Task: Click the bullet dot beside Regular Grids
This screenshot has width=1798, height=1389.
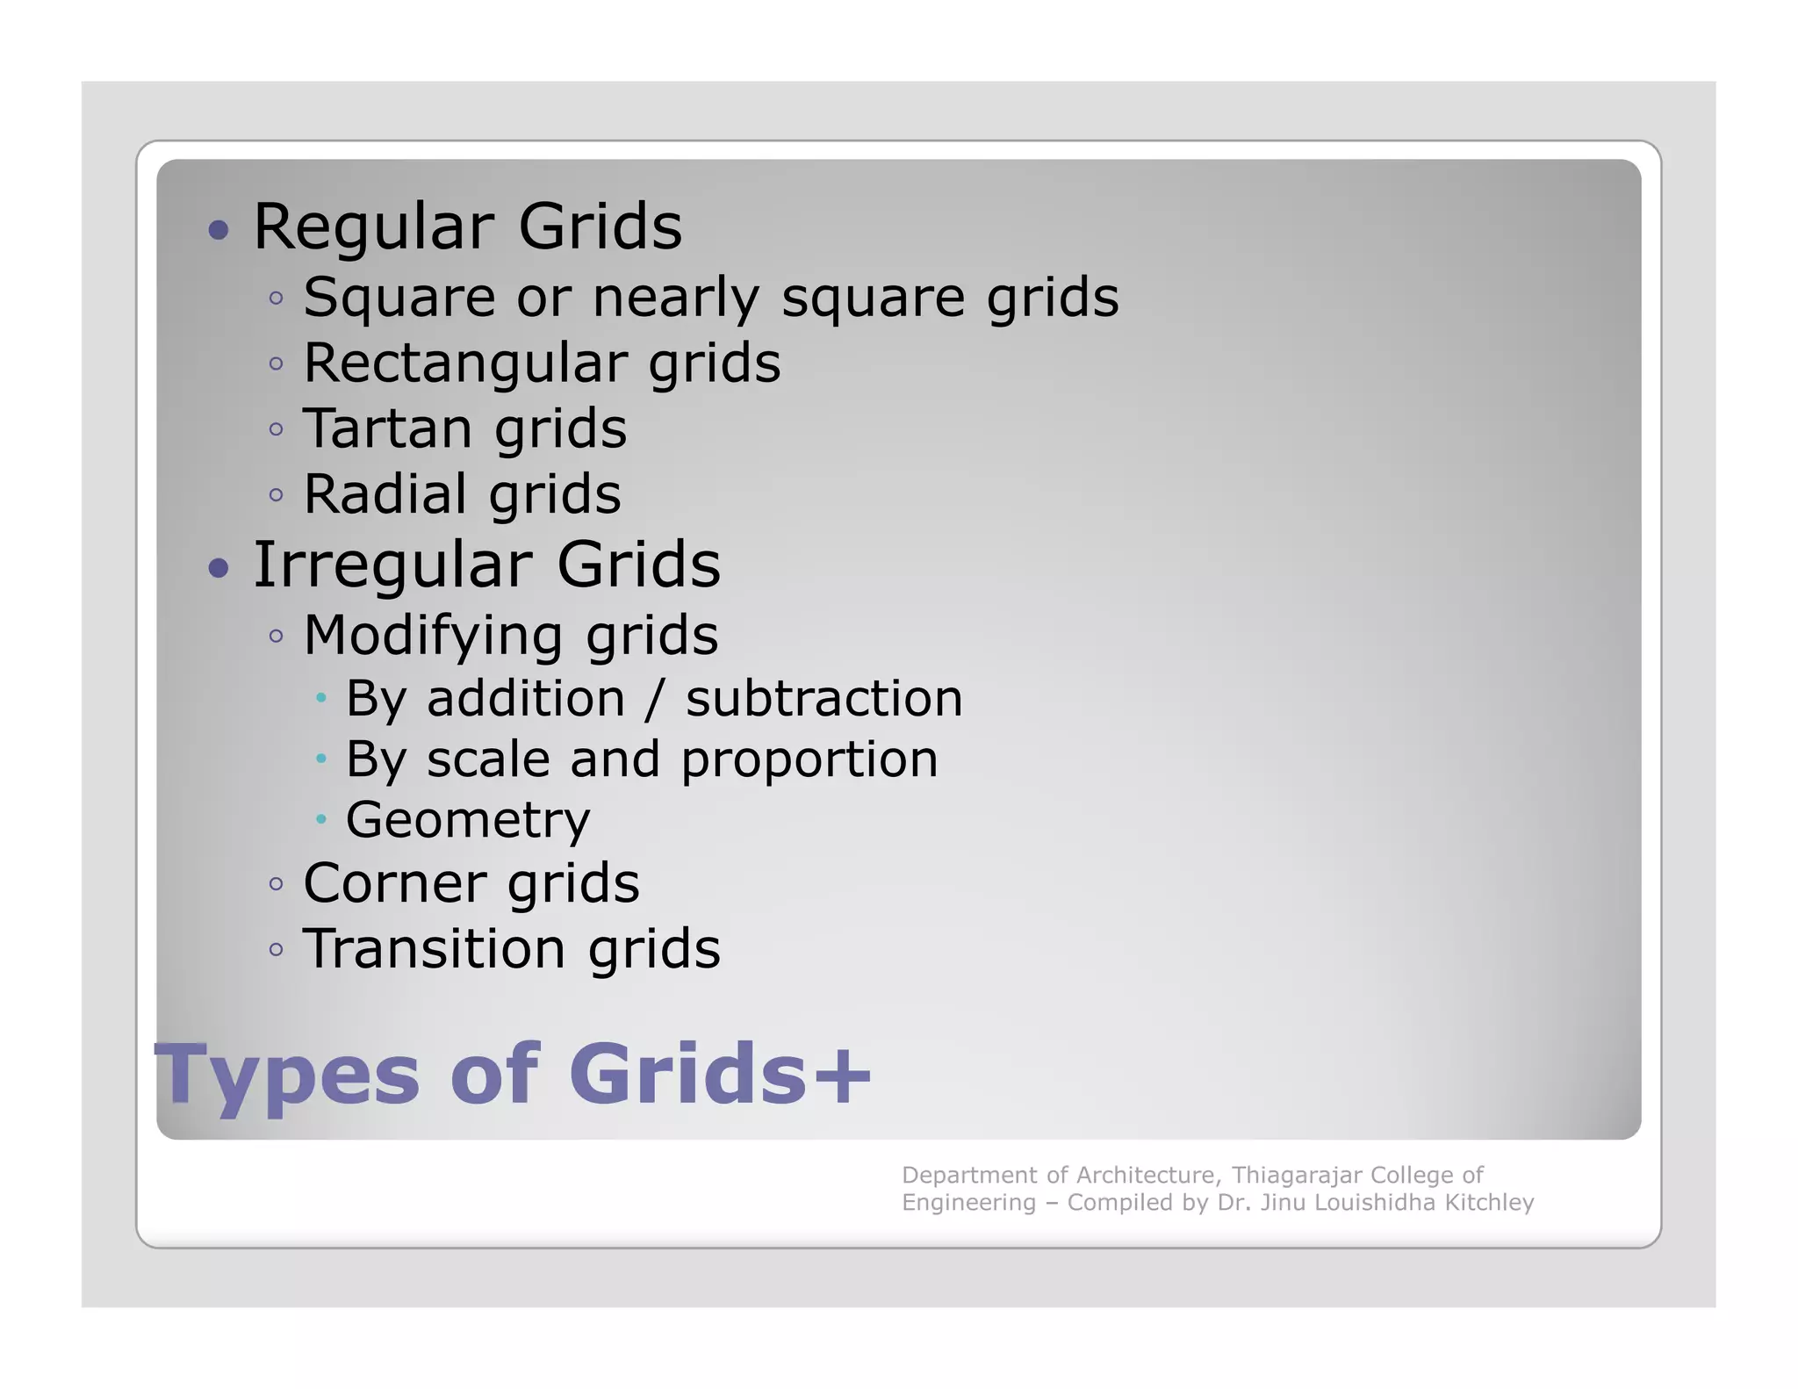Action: [x=219, y=231]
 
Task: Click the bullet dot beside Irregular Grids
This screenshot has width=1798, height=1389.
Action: [x=219, y=568]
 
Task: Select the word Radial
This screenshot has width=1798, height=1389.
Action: [x=385, y=493]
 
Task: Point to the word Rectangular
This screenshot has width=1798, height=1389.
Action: [x=465, y=363]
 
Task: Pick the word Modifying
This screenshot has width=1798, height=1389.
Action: [x=433, y=636]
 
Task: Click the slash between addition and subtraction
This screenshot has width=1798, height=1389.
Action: [x=655, y=700]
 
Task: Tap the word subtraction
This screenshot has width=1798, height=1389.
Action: [x=823, y=700]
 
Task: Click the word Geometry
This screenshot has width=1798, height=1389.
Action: [x=468, y=821]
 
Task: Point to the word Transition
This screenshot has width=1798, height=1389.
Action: [x=435, y=949]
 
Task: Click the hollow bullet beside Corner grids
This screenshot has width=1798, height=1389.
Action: [x=277, y=884]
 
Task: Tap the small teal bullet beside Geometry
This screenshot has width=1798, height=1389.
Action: [x=321, y=819]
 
